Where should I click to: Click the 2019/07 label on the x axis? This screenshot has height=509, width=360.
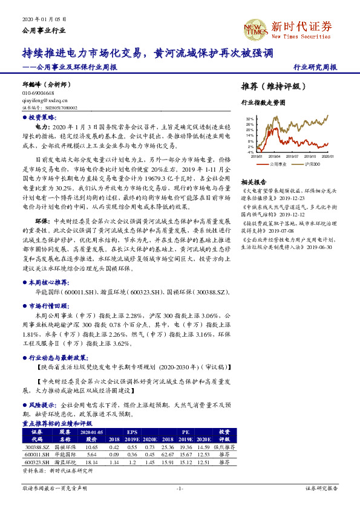click(295, 156)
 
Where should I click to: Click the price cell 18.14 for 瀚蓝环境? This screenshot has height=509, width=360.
click(92, 462)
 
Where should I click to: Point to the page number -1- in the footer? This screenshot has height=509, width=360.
click(180, 488)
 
